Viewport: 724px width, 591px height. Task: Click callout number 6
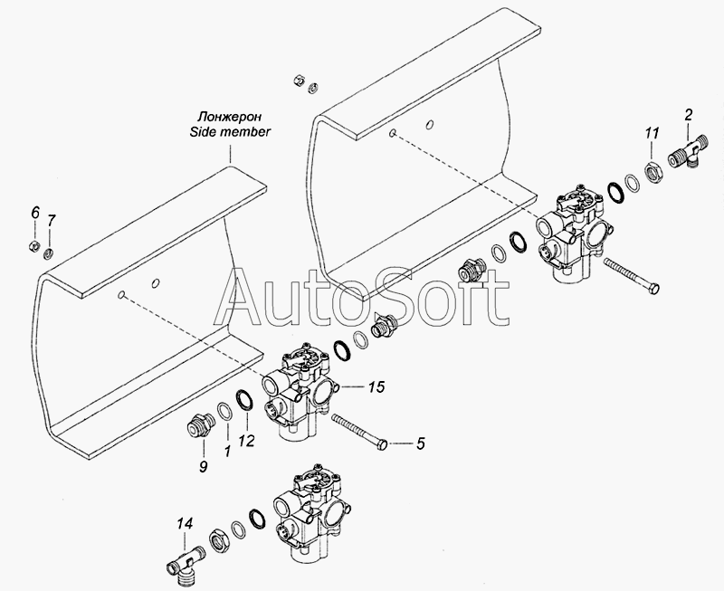coord(35,214)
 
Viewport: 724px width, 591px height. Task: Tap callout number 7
coord(52,220)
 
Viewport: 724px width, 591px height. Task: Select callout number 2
coord(689,115)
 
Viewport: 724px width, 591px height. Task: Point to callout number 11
coord(652,133)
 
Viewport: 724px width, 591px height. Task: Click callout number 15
coord(376,386)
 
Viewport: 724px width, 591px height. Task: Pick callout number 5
coord(420,443)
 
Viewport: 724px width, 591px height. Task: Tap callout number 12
coord(247,441)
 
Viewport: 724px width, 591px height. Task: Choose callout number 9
coord(203,466)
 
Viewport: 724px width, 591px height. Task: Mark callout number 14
coord(185,524)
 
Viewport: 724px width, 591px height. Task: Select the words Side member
coord(231,131)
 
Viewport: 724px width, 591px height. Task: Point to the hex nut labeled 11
coord(653,173)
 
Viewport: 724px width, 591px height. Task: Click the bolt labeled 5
coord(359,432)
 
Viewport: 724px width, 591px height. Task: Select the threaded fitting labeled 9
coord(200,423)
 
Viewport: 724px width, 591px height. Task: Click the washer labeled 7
coord(49,253)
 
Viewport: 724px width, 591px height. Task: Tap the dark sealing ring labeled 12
coord(244,399)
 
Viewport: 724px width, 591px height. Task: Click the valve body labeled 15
coord(298,390)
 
